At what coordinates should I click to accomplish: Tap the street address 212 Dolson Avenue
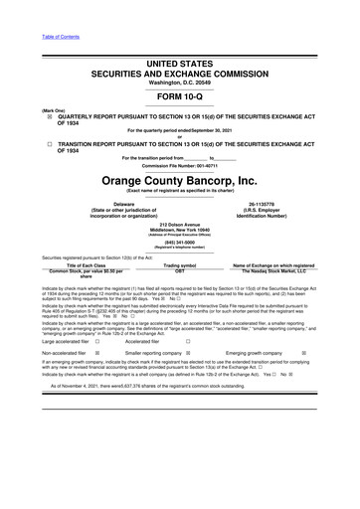pos(180,225)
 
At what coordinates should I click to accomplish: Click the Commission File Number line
pos(180,165)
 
